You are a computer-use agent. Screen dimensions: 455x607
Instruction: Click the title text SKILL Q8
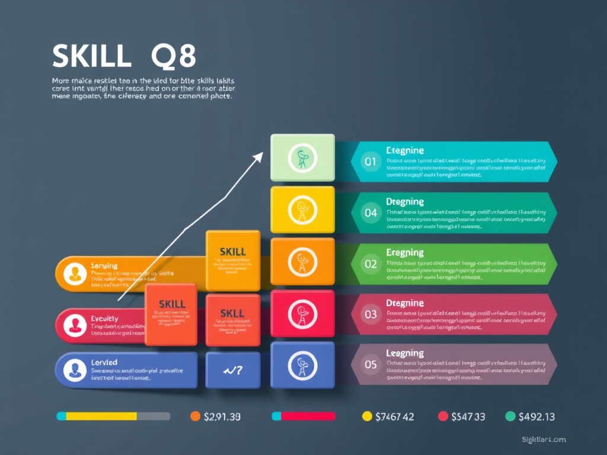pos(124,57)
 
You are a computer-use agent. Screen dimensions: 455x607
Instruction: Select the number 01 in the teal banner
pos(370,161)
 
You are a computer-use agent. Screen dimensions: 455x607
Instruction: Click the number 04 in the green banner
pos(370,212)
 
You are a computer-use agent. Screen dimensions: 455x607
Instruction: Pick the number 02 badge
pos(370,264)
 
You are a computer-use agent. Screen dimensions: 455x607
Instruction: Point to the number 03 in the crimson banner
pos(370,314)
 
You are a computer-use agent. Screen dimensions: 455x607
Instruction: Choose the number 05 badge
pos(370,364)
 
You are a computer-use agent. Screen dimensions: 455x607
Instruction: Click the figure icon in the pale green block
pos(302,158)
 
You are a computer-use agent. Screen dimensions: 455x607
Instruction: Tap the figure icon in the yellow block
pos(302,210)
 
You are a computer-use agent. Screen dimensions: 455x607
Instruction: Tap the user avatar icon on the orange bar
pos(75,274)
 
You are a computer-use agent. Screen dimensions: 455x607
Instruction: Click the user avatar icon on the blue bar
pos(75,370)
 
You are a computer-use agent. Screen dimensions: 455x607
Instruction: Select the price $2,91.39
pos(222,416)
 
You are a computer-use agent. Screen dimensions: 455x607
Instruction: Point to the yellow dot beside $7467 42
pos(367,416)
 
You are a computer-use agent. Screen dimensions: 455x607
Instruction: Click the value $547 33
pos(468,416)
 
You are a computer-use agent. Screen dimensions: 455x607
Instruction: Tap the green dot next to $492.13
pos(510,416)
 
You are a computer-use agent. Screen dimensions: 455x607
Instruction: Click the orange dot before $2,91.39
pos(195,416)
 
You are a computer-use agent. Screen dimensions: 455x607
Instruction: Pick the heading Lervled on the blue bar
pos(104,362)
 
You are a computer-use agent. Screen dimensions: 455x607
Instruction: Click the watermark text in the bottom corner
pos(544,440)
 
